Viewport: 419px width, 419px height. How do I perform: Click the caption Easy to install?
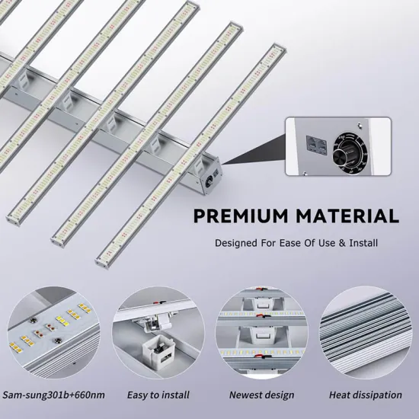point(158,395)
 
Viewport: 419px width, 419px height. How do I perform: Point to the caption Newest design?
point(261,395)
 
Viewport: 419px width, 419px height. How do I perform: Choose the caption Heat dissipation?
point(365,395)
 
